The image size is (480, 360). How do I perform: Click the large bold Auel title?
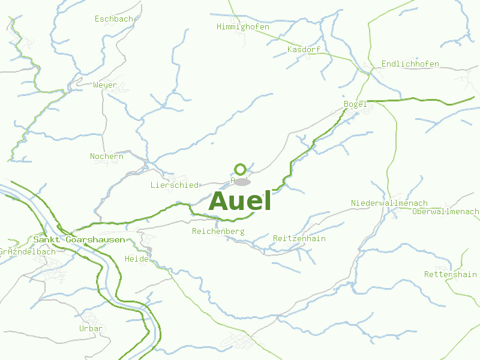click(240, 202)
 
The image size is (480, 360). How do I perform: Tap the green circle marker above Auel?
click(241, 169)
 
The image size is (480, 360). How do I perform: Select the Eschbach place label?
click(114, 19)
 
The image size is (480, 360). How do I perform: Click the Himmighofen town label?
click(243, 27)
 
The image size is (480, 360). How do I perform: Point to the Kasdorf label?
click(304, 49)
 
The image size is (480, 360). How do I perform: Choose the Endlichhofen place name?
click(410, 64)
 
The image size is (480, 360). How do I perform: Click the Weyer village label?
click(105, 85)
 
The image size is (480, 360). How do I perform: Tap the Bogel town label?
click(355, 104)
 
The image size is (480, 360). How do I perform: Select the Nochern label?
click(107, 157)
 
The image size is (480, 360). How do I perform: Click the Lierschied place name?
click(174, 185)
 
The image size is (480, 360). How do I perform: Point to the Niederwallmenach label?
click(389, 203)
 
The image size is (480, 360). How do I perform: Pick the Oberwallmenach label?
click(446, 212)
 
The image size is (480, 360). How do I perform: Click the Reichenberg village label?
click(218, 231)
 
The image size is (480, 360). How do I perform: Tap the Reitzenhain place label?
click(299, 238)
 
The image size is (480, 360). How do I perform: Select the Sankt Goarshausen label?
click(79, 239)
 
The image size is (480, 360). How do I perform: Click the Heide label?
click(136, 259)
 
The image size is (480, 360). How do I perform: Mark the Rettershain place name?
click(450, 274)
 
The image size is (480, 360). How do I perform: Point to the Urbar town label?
click(91, 329)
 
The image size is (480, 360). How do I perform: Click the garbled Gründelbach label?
click(28, 251)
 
